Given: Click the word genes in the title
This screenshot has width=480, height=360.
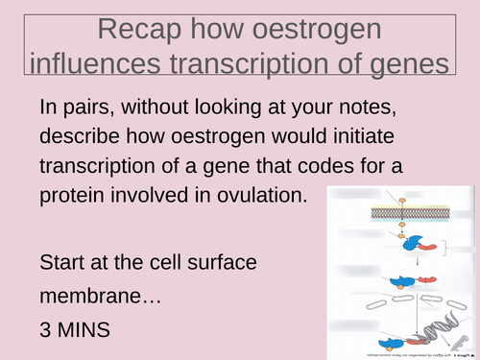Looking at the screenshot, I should point(404,64).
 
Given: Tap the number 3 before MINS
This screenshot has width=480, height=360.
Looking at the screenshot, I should point(47,329).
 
